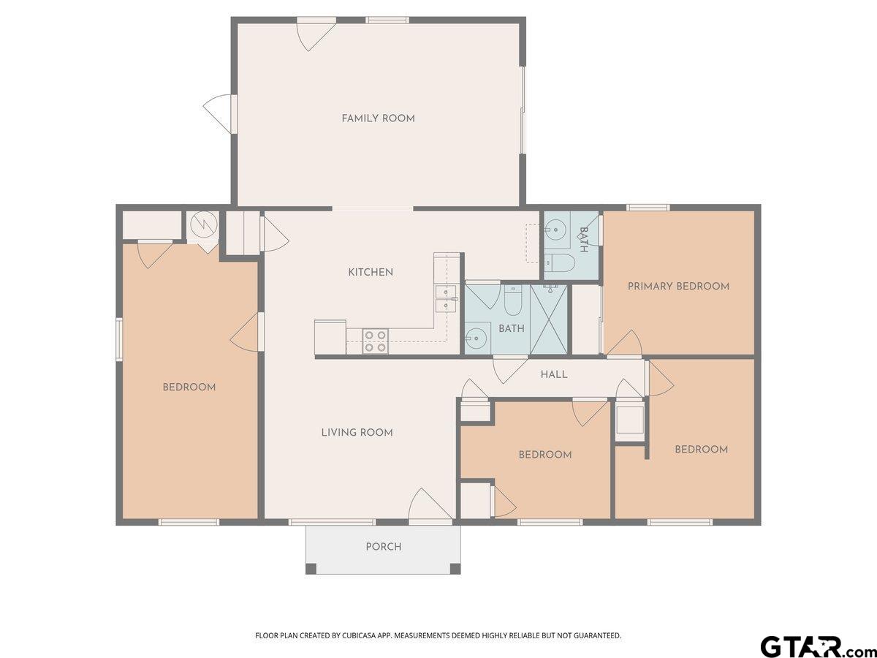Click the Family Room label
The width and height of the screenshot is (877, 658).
[378, 118]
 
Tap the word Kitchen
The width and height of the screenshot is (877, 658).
[371, 273]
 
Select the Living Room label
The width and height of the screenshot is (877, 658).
[357, 432]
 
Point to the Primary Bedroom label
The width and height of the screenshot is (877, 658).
[678, 286]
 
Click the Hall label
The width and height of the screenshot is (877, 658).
[554, 374]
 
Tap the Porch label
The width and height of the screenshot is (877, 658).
[384, 547]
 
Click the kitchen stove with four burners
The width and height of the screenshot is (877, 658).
[375, 341]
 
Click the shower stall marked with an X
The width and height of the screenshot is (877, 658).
[549, 319]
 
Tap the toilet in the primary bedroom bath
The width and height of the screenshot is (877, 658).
[559, 262]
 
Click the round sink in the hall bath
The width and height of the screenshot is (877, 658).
[476, 339]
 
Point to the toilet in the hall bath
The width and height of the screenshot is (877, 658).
[512, 300]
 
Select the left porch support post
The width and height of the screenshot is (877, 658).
[311, 569]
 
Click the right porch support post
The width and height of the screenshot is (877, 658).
[455, 569]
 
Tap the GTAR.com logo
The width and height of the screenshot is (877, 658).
[817, 646]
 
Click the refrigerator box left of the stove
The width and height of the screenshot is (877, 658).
[330, 337]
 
